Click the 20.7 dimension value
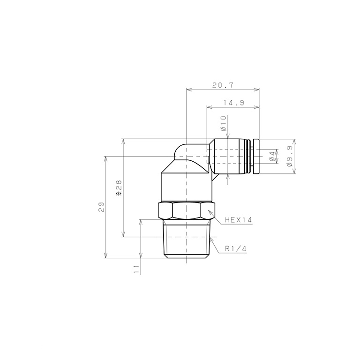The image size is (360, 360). click(x=223, y=85)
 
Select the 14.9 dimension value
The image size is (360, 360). click(x=233, y=103)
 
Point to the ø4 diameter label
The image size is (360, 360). click(x=272, y=157)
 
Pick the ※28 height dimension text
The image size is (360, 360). click(x=119, y=187)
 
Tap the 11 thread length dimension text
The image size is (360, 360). click(x=136, y=269)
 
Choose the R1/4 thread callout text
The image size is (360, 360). click(x=235, y=249)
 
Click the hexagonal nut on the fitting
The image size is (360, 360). click(x=187, y=211)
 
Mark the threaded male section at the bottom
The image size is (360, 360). click(x=187, y=239)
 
